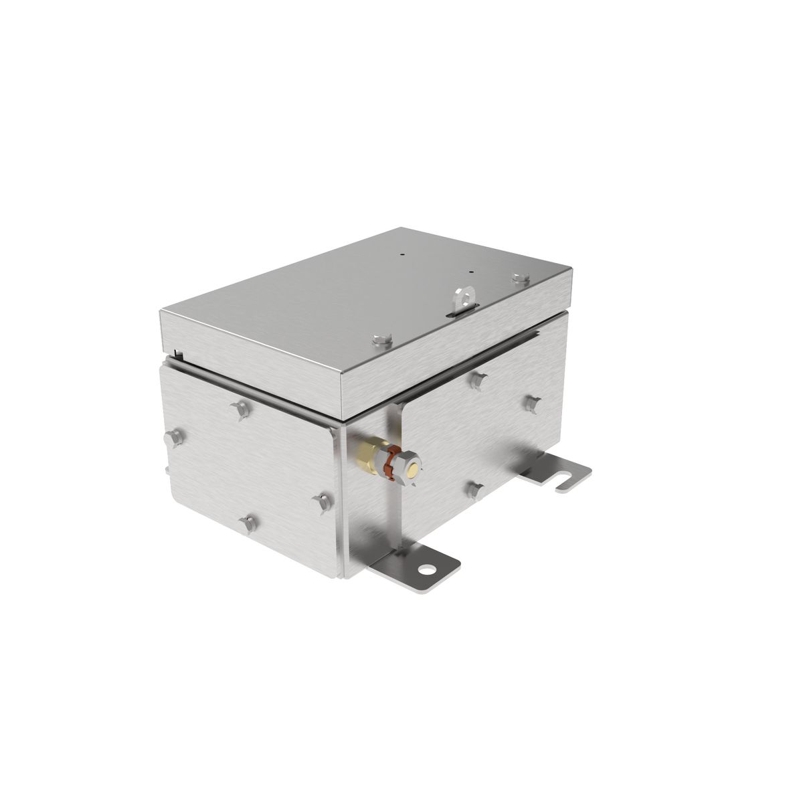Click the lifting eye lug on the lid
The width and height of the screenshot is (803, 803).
(463, 297)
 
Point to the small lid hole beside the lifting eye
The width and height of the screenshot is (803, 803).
(471, 272)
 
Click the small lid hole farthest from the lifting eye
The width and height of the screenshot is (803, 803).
(402, 254)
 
